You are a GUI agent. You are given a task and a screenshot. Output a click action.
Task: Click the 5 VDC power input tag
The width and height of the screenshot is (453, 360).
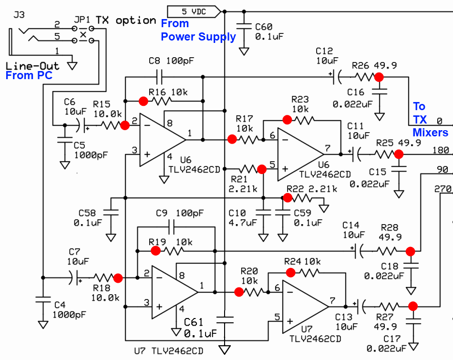pyautogui.click(x=193, y=11)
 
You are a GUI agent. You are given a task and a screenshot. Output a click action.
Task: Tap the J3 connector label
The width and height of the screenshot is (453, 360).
pyautogui.click(x=19, y=15)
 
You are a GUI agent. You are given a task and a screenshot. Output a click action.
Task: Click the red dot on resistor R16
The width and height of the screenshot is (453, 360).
pyautogui.click(x=143, y=101)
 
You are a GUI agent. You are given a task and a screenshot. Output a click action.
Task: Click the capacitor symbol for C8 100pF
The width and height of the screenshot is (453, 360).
pyautogui.click(x=159, y=76)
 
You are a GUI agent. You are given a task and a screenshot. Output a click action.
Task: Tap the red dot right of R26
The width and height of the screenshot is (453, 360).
pyautogui.click(x=379, y=76)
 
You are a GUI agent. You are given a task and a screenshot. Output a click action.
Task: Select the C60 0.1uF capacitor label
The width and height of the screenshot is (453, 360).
pyautogui.click(x=269, y=31)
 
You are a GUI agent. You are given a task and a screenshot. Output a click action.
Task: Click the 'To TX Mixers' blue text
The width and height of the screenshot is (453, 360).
pyautogui.click(x=430, y=119)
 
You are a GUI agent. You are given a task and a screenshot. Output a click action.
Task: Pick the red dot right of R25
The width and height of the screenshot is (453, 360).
pyautogui.click(x=399, y=154)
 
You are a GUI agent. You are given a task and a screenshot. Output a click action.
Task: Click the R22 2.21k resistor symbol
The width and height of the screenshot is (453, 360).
pyautogui.click(x=305, y=197)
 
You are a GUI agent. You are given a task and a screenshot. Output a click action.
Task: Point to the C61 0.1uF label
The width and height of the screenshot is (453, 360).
pyautogui.click(x=200, y=327)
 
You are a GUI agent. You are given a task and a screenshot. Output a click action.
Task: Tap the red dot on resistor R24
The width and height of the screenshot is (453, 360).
pyautogui.click(x=290, y=272)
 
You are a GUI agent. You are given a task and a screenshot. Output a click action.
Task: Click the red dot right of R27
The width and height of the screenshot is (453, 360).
pyautogui.click(x=413, y=306)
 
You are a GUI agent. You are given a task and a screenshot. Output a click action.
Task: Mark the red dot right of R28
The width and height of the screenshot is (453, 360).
pyautogui.click(x=410, y=251)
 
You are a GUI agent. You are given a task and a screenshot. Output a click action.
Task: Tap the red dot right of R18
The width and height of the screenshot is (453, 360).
pyautogui.click(x=118, y=278)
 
